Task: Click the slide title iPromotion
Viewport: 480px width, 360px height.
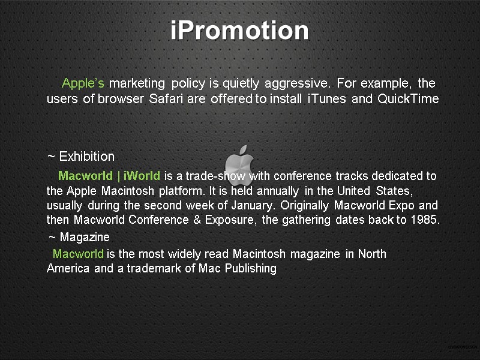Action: (239, 31)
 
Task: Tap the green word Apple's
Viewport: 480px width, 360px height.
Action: (83, 83)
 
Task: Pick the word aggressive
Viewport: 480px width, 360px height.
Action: (298, 83)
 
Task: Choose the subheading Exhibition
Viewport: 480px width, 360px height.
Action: (86, 157)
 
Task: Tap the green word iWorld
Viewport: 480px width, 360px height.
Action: (142, 176)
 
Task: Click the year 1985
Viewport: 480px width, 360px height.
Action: (425, 220)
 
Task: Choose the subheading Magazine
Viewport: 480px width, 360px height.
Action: (85, 238)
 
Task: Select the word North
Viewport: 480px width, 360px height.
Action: (372, 254)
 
